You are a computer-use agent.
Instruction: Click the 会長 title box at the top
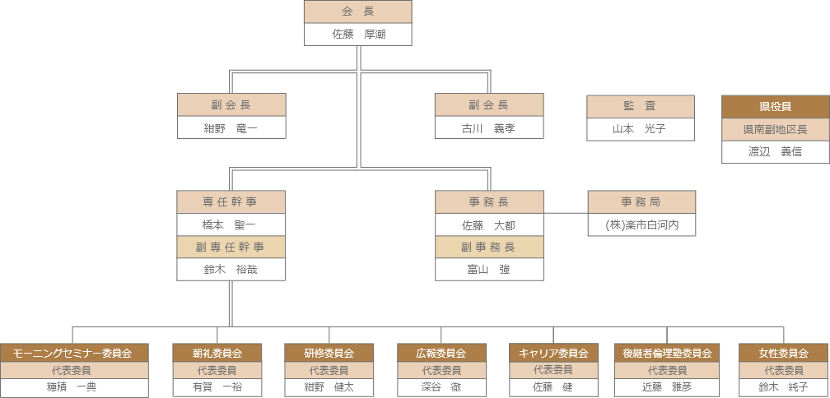click(358, 12)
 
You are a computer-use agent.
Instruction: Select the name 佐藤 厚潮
click(358, 35)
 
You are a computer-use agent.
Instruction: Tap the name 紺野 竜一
click(231, 128)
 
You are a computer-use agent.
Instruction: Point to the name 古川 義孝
click(489, 128)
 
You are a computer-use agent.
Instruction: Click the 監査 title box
click(641, 106)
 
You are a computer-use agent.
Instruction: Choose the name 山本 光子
click(641, 129)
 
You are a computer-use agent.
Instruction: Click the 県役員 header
click(776, 107)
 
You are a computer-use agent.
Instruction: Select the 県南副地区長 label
click(776, 130)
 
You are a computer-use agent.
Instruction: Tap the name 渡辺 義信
click(776, 152)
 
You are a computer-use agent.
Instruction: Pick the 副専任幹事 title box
click(231, 247)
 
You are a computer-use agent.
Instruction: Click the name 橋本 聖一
click(231, 224)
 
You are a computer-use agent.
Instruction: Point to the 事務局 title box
click(641, 202)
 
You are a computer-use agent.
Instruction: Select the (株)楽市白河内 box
click(641, 224)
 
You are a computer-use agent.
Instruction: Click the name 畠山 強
click(489, 269)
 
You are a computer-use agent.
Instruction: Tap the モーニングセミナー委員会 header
click(73, 353)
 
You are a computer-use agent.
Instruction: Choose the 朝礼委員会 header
click(217, 353)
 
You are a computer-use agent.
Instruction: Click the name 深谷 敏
click(442, 386)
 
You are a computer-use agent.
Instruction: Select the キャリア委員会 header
click(553, 353)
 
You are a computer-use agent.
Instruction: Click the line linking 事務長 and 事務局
click(566, 214)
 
